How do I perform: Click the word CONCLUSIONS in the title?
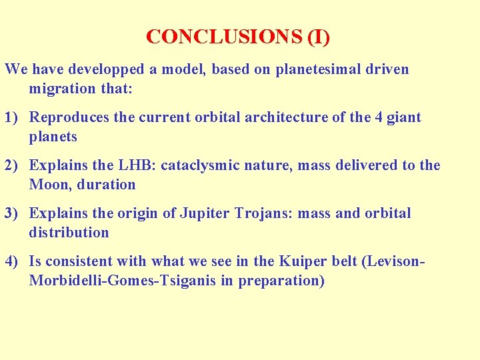click(224, 37)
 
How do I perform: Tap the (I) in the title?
click(318, 37)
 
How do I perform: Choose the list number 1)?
click(13, 118)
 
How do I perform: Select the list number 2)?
click(13, 165)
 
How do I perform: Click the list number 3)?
click(13, 213)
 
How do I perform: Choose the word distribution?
click(69, 233)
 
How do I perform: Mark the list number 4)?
click(13, 261)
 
